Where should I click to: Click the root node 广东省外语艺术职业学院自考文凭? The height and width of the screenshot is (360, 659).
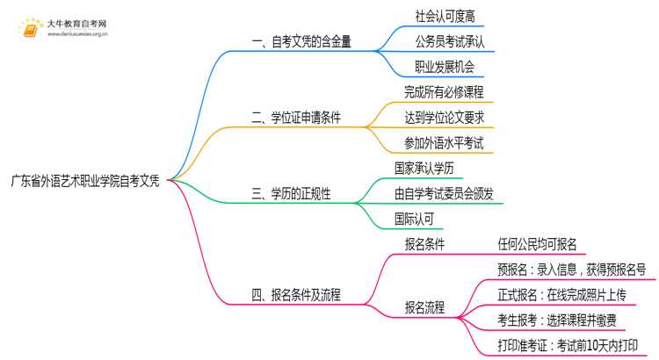[x=85, y=181]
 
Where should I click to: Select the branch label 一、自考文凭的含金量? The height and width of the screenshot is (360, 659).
[x=301, y=42]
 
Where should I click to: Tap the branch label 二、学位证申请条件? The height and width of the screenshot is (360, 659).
[x=296, y=118]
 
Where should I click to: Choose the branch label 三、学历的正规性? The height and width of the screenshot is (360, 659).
[x=291, y=194]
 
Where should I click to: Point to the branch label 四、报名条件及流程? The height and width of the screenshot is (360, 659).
[x=296, y=295]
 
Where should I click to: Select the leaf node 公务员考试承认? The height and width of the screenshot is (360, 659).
[x=449, y=41]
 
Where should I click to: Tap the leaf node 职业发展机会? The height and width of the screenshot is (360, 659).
[x=445, y=67]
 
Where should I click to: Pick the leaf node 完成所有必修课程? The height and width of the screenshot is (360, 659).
[x=444, y=92]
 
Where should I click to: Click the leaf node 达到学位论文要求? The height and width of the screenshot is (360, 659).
[x=444, y=117]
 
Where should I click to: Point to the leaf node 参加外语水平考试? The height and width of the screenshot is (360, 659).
[x=444, y=142]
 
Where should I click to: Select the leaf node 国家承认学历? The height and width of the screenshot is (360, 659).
[x=424, y=168]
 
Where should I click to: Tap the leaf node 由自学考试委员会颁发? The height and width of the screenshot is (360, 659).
[x=444, y=193]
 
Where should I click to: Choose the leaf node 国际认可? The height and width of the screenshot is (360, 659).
[x=414, y=219]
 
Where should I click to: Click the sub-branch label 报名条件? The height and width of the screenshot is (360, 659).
[x=424, y=245]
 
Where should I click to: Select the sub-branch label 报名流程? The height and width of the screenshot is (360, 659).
[x=424, y=307]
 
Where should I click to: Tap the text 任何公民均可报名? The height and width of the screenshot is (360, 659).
[x=537, y=245]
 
